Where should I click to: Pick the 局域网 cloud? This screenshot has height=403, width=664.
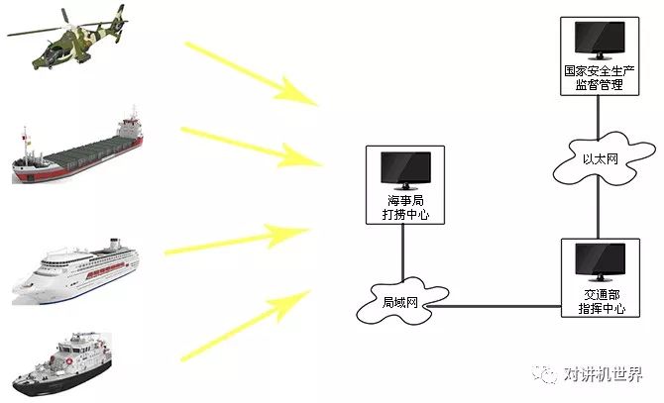pos(402,302)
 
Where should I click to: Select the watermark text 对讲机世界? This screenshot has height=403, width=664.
pos(604,375)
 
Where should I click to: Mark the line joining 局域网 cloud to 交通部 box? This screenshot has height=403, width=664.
pos(500,307)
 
